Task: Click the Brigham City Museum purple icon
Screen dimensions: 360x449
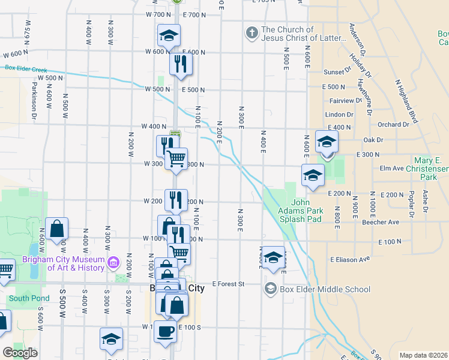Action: click(x=112, y=263)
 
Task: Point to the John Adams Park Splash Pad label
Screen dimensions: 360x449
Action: click(x=300, y=211)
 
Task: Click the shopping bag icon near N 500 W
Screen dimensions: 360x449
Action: click(x=56, y=229)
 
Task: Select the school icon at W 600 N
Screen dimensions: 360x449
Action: click(x=169, y=35)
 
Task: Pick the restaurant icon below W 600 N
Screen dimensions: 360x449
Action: click(x=181, y=63)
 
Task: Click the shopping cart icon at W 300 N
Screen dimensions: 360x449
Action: click(x=176, y=159)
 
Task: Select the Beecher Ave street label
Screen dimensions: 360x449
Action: click(x=381, y=222)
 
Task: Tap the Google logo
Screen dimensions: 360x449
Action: click(x=20, y=353)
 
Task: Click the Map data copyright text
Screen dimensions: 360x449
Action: click(x=423, y=355)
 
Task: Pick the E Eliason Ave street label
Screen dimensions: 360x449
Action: click(x=349, y=260)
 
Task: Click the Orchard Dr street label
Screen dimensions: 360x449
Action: click(x=394, y=125)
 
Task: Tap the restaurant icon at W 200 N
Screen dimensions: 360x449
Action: click(x=175, y=200)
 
